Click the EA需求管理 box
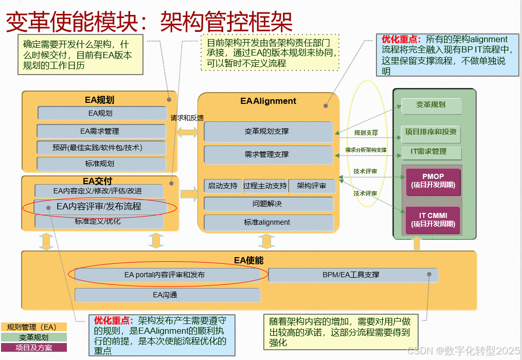[x=100, y=131]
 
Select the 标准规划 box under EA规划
[x=100, y=164]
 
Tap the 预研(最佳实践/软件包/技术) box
[x=100, y=148]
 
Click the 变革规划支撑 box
[x=268, y=131]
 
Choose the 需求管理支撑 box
[x=268, y=154]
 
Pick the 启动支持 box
[x=223, y=186]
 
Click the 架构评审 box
[x=312, y=186]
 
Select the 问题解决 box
[x=268, y=204]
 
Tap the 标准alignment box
[x=268, y=222]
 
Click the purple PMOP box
[x=433, y=181]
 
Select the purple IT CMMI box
[x=433, y=220]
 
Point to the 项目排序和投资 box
[x=430, y=132]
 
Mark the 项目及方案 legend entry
[x=34, y=348]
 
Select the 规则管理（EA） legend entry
[x=34, y=327]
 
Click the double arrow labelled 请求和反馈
[x=188, y=133]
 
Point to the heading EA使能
[x=249, y=260]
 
